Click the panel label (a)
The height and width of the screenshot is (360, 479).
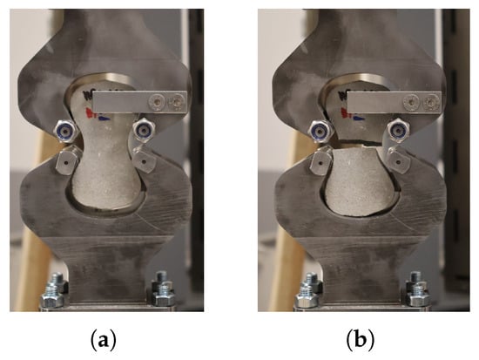pos(104,340)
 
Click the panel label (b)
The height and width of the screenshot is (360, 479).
pos(361,340)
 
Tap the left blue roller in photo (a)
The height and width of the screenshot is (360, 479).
pos(64,132)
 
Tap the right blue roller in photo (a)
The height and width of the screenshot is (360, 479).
pos(142,131)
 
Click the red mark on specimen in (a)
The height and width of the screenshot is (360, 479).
pos(91,112)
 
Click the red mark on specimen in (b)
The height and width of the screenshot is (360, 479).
pos(345,113)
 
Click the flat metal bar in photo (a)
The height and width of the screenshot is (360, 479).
pos(139,102)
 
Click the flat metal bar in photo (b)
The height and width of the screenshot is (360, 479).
pos(394,102)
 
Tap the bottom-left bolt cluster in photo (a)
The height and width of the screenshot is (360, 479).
pos(54,290)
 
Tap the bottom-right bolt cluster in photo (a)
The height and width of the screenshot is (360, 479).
pos(163,289)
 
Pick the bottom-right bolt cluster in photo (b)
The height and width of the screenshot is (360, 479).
pos(417,289)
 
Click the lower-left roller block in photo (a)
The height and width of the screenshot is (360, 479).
pos(68,160)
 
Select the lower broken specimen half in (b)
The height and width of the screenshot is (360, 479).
pos(361,181)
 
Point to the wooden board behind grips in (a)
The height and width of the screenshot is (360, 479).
pos(35,221)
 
